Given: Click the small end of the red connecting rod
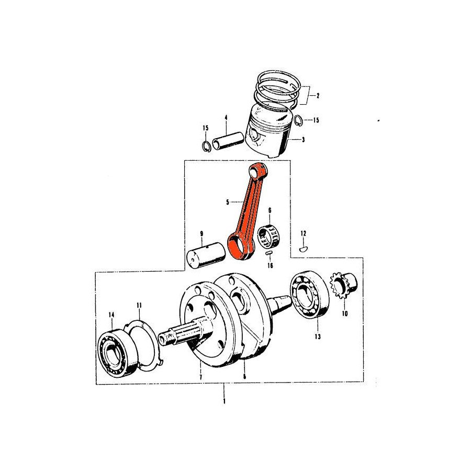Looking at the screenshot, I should point(257,170).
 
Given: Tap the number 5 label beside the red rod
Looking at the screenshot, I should point(227,201).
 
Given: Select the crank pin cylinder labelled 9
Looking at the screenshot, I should point(206,252).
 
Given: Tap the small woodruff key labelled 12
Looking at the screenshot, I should point(302,249).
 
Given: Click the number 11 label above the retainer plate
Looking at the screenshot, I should point(139,305).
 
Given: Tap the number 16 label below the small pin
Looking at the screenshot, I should point(270,265).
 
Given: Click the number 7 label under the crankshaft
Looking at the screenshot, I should point(200,377).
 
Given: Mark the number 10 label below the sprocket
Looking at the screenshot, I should point(344,314).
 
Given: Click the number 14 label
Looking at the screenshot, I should point(111,315).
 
